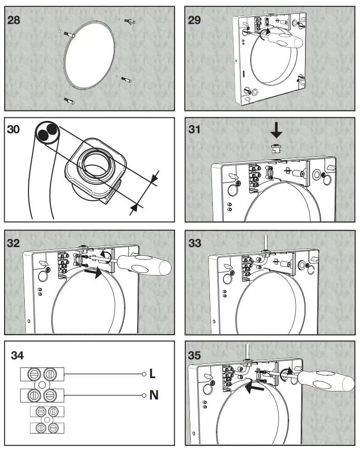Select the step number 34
[x=17, y=355]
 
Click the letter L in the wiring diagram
[x=153, y=374]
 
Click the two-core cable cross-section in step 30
[x=46, y=133]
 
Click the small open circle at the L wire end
[x=143, y=374]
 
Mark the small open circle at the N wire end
[x=143, y=394]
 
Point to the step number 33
[x=195, y=243]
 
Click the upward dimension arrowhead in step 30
[x=133, y=208]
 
